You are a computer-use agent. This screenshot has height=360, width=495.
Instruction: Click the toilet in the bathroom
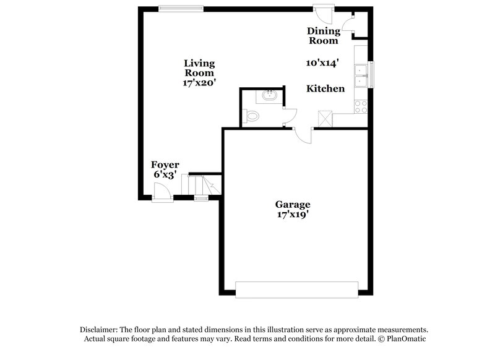[251, 115]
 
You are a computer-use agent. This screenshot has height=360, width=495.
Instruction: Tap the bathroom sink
[269, 96]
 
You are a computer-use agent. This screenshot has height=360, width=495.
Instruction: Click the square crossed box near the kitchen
[325, 118]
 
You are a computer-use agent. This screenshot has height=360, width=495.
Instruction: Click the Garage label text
[293, 205]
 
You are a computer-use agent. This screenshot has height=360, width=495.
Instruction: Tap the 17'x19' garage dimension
[293, 215]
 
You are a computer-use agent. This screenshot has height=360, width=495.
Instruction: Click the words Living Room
[199, 67]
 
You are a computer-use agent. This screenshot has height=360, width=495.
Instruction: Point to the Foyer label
[166, 165]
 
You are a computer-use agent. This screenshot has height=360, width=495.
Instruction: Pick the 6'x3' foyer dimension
[166, 175]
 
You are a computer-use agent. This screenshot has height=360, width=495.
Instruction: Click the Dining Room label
[324, 36]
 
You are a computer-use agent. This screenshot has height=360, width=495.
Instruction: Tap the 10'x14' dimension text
[322, 62]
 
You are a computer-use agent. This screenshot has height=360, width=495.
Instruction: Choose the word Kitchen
[325, 88]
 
